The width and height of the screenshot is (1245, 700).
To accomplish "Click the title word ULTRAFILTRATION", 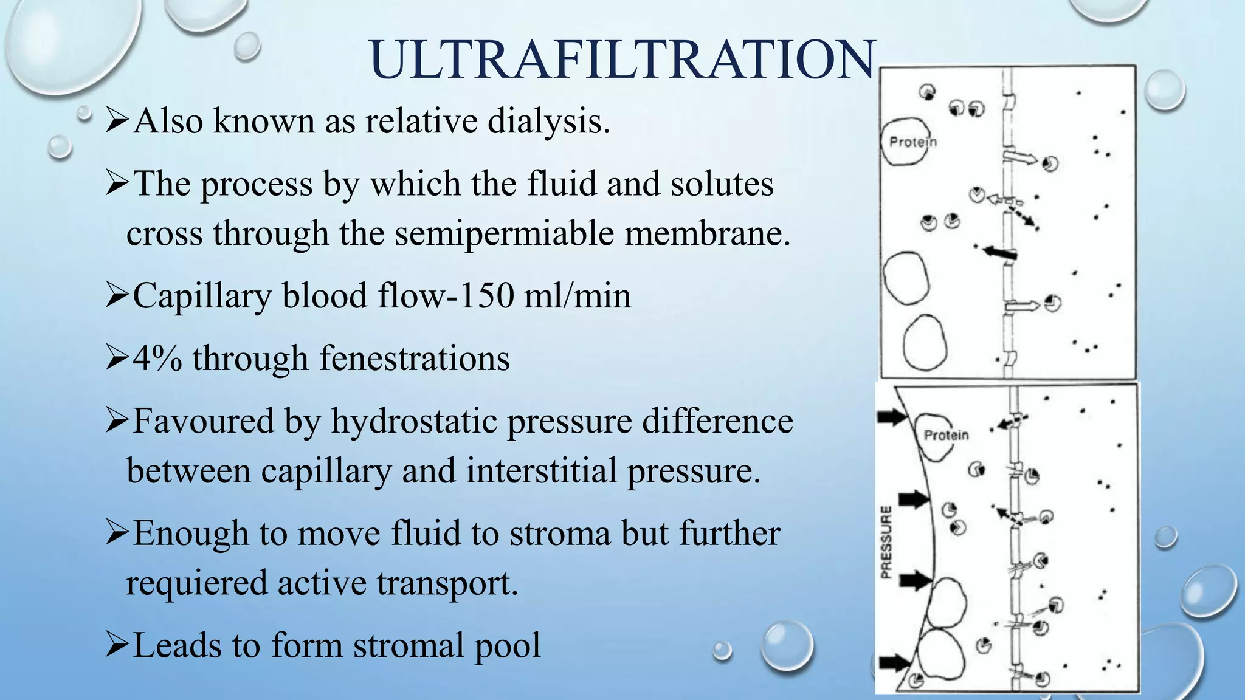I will point(622,60).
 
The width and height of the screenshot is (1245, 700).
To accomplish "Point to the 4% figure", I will point(157,359).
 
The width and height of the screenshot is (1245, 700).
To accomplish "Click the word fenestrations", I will point(414,359).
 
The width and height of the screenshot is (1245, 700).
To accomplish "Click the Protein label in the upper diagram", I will point(912,142).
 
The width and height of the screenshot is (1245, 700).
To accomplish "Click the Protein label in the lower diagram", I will point(946,435).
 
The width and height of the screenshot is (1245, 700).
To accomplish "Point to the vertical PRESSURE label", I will point(886,542).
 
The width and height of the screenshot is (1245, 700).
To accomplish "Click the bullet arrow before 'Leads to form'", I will point(117,645).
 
